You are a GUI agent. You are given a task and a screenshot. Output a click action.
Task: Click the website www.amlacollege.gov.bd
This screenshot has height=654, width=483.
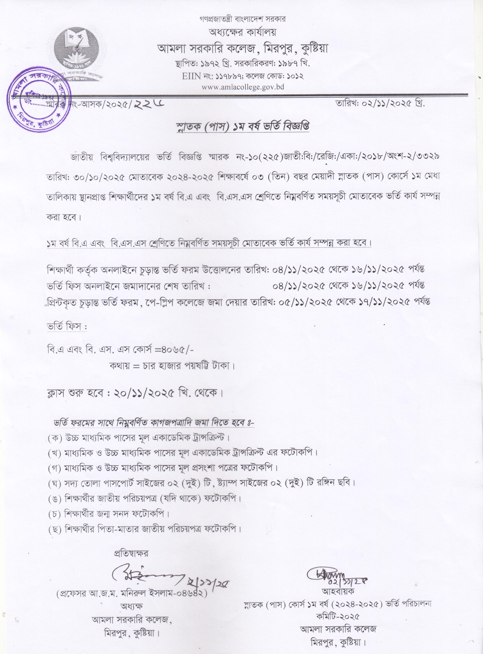(241, 87)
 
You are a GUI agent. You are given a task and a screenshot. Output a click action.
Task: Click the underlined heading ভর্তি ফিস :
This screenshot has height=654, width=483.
(67, 327)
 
